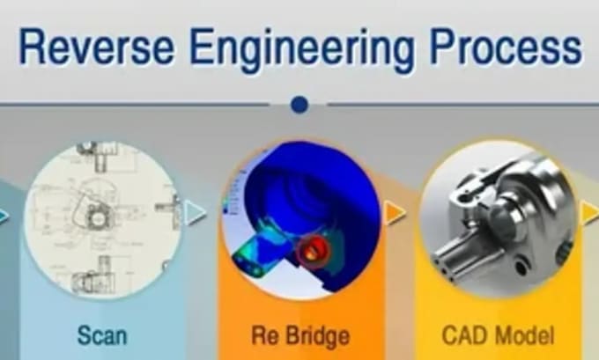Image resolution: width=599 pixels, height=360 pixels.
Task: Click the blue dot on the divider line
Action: [x=299, y=105]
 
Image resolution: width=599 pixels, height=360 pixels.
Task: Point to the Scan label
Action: [x=101, y=334]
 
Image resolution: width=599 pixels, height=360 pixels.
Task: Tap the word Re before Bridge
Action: [x=265, y=334]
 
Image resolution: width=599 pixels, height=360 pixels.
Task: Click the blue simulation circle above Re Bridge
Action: [x=299, y=211]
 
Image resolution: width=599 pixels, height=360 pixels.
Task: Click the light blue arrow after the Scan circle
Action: [x=196, y=212]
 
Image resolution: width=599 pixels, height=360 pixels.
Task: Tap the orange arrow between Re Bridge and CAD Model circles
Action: [x=395, y=212]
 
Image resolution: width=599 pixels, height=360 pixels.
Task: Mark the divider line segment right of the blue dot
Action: [x=458, y=105]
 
